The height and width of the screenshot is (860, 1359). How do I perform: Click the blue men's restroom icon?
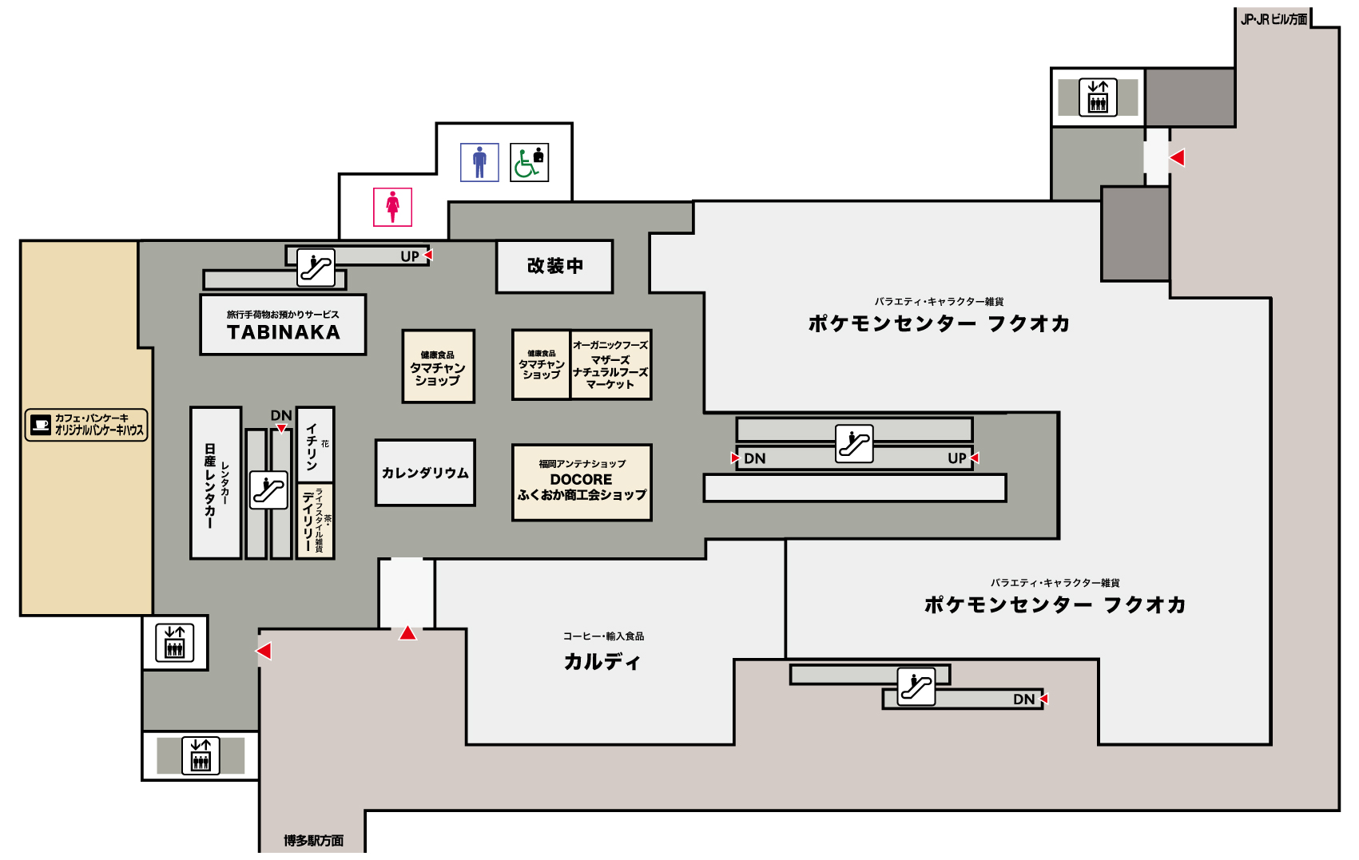coord(479,162)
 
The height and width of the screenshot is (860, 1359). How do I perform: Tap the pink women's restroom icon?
coord(392,207)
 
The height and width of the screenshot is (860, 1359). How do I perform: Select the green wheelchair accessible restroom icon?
coord(529,162)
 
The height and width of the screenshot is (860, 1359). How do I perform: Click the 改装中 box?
coord(554,267)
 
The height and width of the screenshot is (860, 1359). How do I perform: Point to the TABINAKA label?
coord(284,332)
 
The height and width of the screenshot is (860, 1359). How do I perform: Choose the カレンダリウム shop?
coord(425,473)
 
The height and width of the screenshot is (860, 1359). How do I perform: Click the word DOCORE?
coord(581,479)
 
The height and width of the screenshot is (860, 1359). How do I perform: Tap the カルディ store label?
coord(602,661)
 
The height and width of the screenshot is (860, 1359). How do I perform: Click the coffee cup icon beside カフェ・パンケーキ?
coord(40,424)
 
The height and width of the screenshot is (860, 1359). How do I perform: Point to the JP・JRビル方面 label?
coord(1274,19)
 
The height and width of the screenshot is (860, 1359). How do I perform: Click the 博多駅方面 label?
coord(313,840)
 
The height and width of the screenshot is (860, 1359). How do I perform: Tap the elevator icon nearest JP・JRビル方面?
coord(1098,97)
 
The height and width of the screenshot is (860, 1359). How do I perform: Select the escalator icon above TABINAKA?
coord(316,267)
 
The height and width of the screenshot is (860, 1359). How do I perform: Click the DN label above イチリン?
coord(280,415)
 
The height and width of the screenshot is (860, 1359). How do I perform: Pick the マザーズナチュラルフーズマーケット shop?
coord(610,365)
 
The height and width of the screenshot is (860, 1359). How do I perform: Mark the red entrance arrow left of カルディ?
coord(408,632)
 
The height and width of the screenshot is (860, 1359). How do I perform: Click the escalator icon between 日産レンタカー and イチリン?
coord(268,489)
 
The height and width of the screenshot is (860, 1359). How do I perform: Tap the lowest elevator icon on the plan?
coord(201,755)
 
